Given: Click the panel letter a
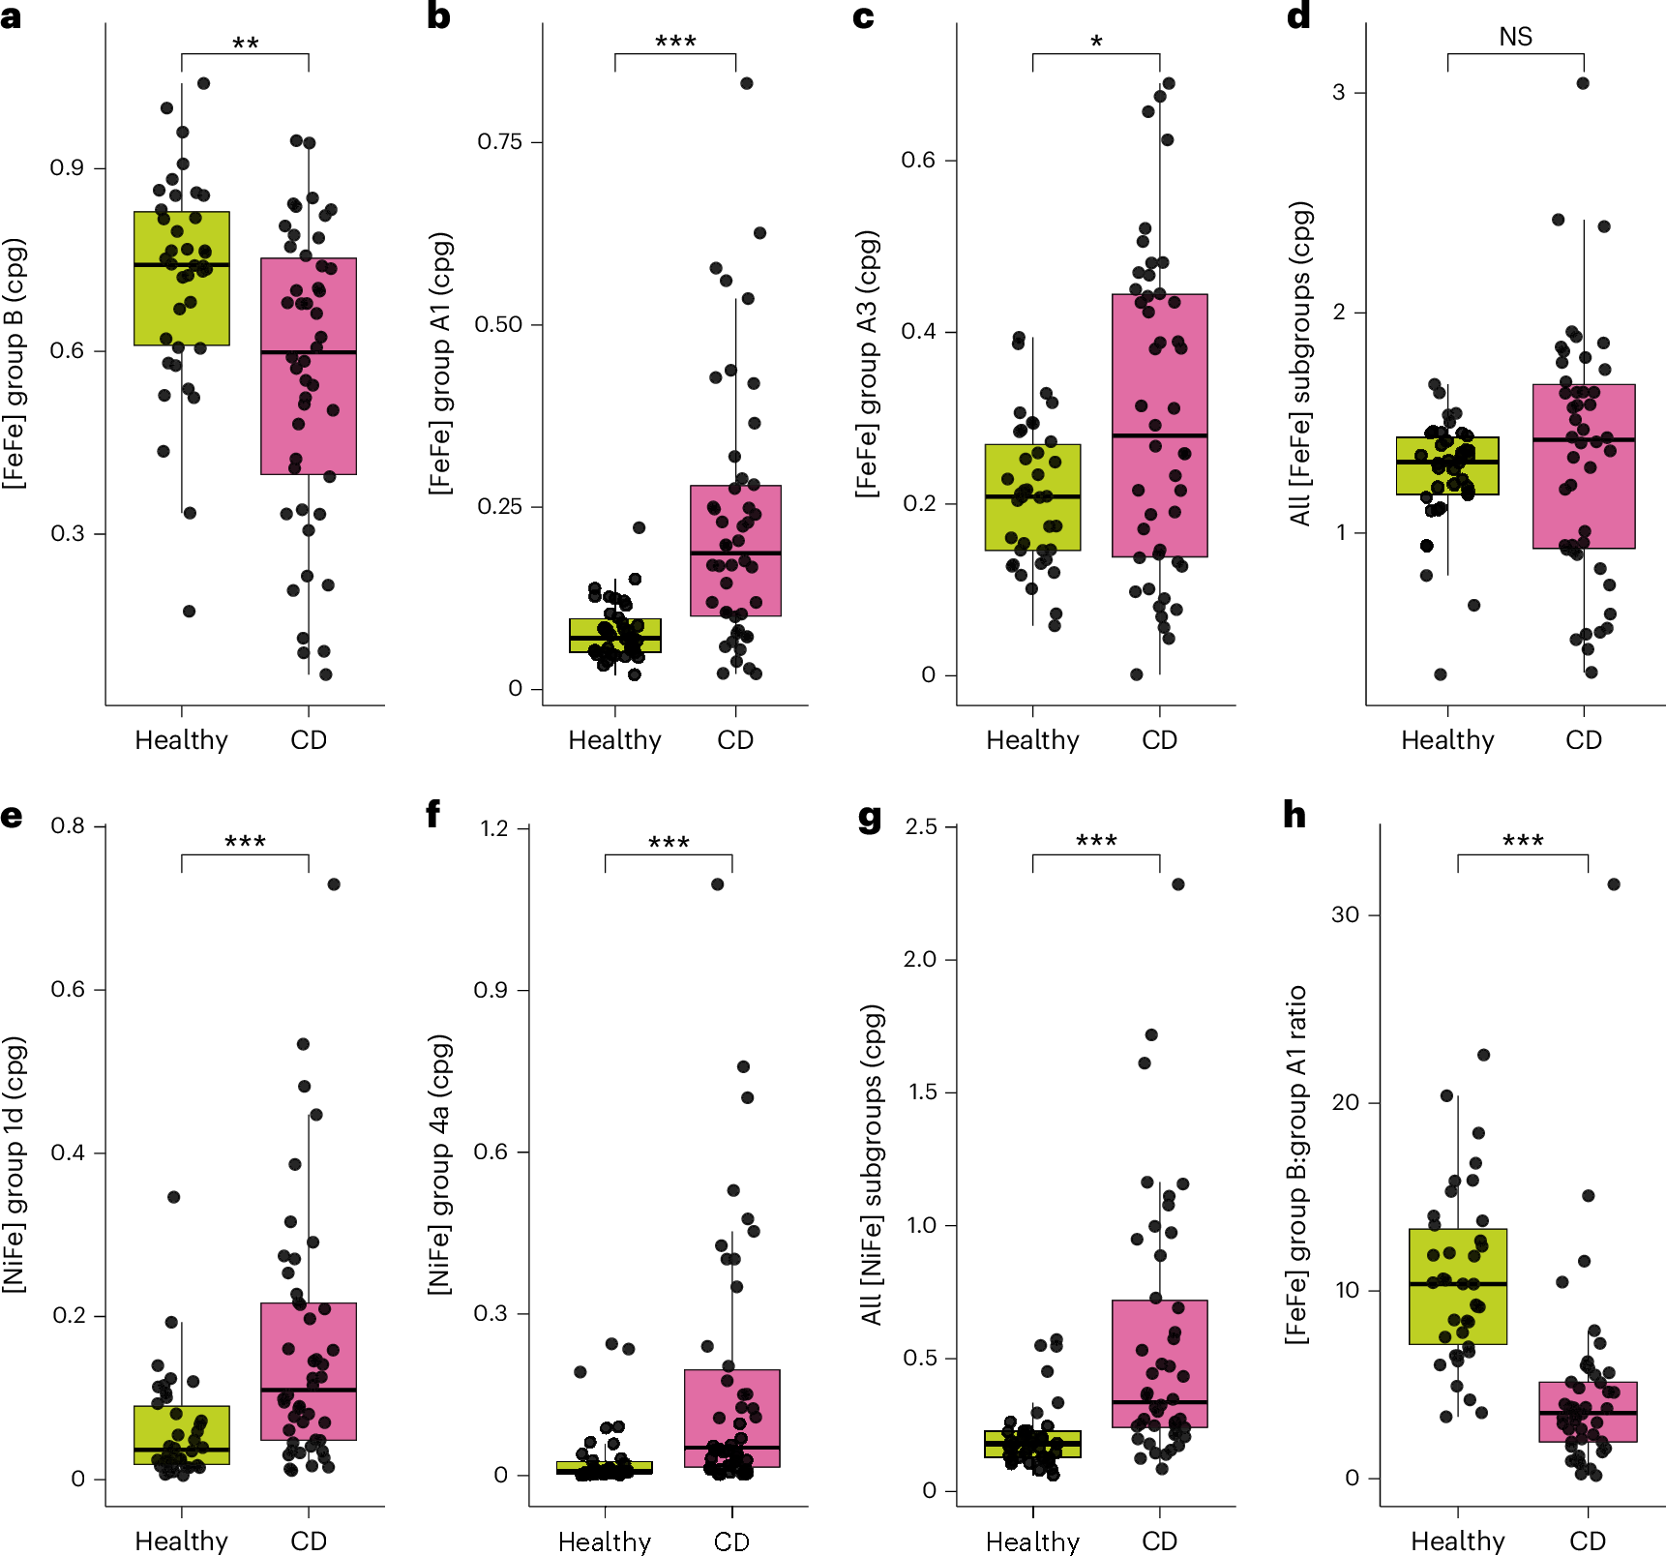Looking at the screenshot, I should click(x=11, y=16).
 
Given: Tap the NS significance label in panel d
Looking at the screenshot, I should click(x=1515, y=37).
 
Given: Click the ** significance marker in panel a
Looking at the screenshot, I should click(x=245, y=44).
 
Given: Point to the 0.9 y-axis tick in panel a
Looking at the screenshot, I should click(x=67, y=168).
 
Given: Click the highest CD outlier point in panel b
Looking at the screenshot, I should click(x=747, y=83).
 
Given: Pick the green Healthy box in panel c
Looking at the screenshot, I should click(x=1032, y=497).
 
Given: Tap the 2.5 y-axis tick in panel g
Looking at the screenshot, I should click(x=921, y=827).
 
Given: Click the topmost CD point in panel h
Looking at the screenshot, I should click(x=1613, y=884).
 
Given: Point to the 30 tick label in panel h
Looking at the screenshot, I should click(x=1345, y=914).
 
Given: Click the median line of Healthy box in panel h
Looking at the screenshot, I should click(x=1457, y=1284).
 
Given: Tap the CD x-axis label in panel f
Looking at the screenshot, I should click(x=731, y=1541).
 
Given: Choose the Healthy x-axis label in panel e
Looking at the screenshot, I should click(x=181, y=1541).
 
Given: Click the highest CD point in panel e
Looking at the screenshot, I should click(x=334, y=884).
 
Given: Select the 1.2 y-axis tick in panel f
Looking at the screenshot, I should click(x=494, y=828).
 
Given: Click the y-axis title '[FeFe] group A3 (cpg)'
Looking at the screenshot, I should click(x=867, y=364).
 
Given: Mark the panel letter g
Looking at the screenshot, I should click(x=870, y=818).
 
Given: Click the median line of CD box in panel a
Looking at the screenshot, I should click(x=308, y=352).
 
